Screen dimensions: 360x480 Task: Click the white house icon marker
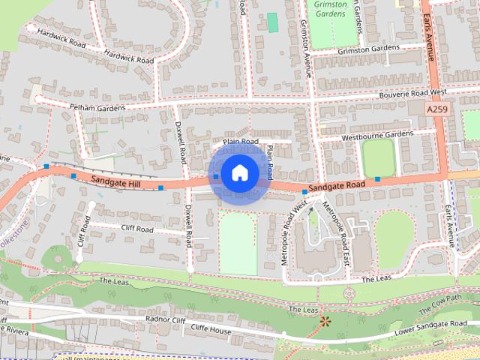click(x=239, y=172)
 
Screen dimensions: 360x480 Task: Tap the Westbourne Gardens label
click(x=377, y=135)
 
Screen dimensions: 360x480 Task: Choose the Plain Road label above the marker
click(x=240, y=141)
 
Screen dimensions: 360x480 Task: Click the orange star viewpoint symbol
click(x=325, y=322)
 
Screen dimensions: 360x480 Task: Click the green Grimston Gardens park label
click(x=331, y=9)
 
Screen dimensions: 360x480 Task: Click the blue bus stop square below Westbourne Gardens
click(x=378, y=179)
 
